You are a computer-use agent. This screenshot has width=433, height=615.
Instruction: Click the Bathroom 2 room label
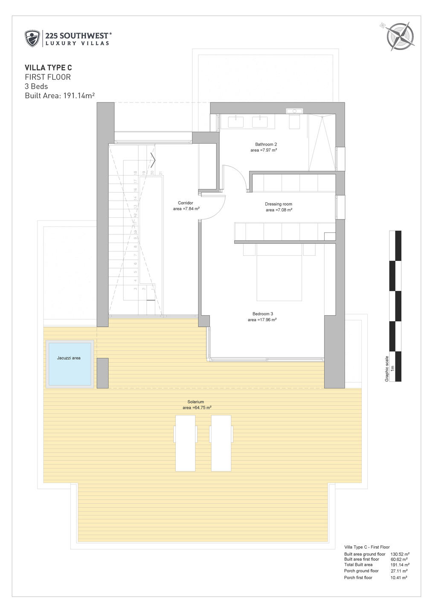point(266,144)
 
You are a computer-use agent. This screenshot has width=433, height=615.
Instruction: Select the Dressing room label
point(279,204)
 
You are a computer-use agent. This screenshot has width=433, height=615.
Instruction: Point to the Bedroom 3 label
point(262,314)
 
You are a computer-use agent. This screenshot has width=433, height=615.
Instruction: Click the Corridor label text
point(186,203)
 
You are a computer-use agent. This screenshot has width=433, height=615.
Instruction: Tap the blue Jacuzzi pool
point(69,364)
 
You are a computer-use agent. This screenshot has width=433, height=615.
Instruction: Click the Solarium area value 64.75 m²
point(197,408)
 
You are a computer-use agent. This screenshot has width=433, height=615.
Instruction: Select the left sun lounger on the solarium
point(186,443)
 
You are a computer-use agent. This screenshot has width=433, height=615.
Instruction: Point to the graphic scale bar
point(395,305)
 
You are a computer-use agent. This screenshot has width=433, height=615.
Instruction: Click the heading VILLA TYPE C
point(48,67)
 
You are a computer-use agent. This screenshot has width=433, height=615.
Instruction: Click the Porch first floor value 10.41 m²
point(398,577)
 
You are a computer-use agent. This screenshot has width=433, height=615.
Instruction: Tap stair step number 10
point(135,231)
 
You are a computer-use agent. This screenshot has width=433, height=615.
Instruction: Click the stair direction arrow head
point(153,160)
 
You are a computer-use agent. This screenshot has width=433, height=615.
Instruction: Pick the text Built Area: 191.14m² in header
point(60,96)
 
